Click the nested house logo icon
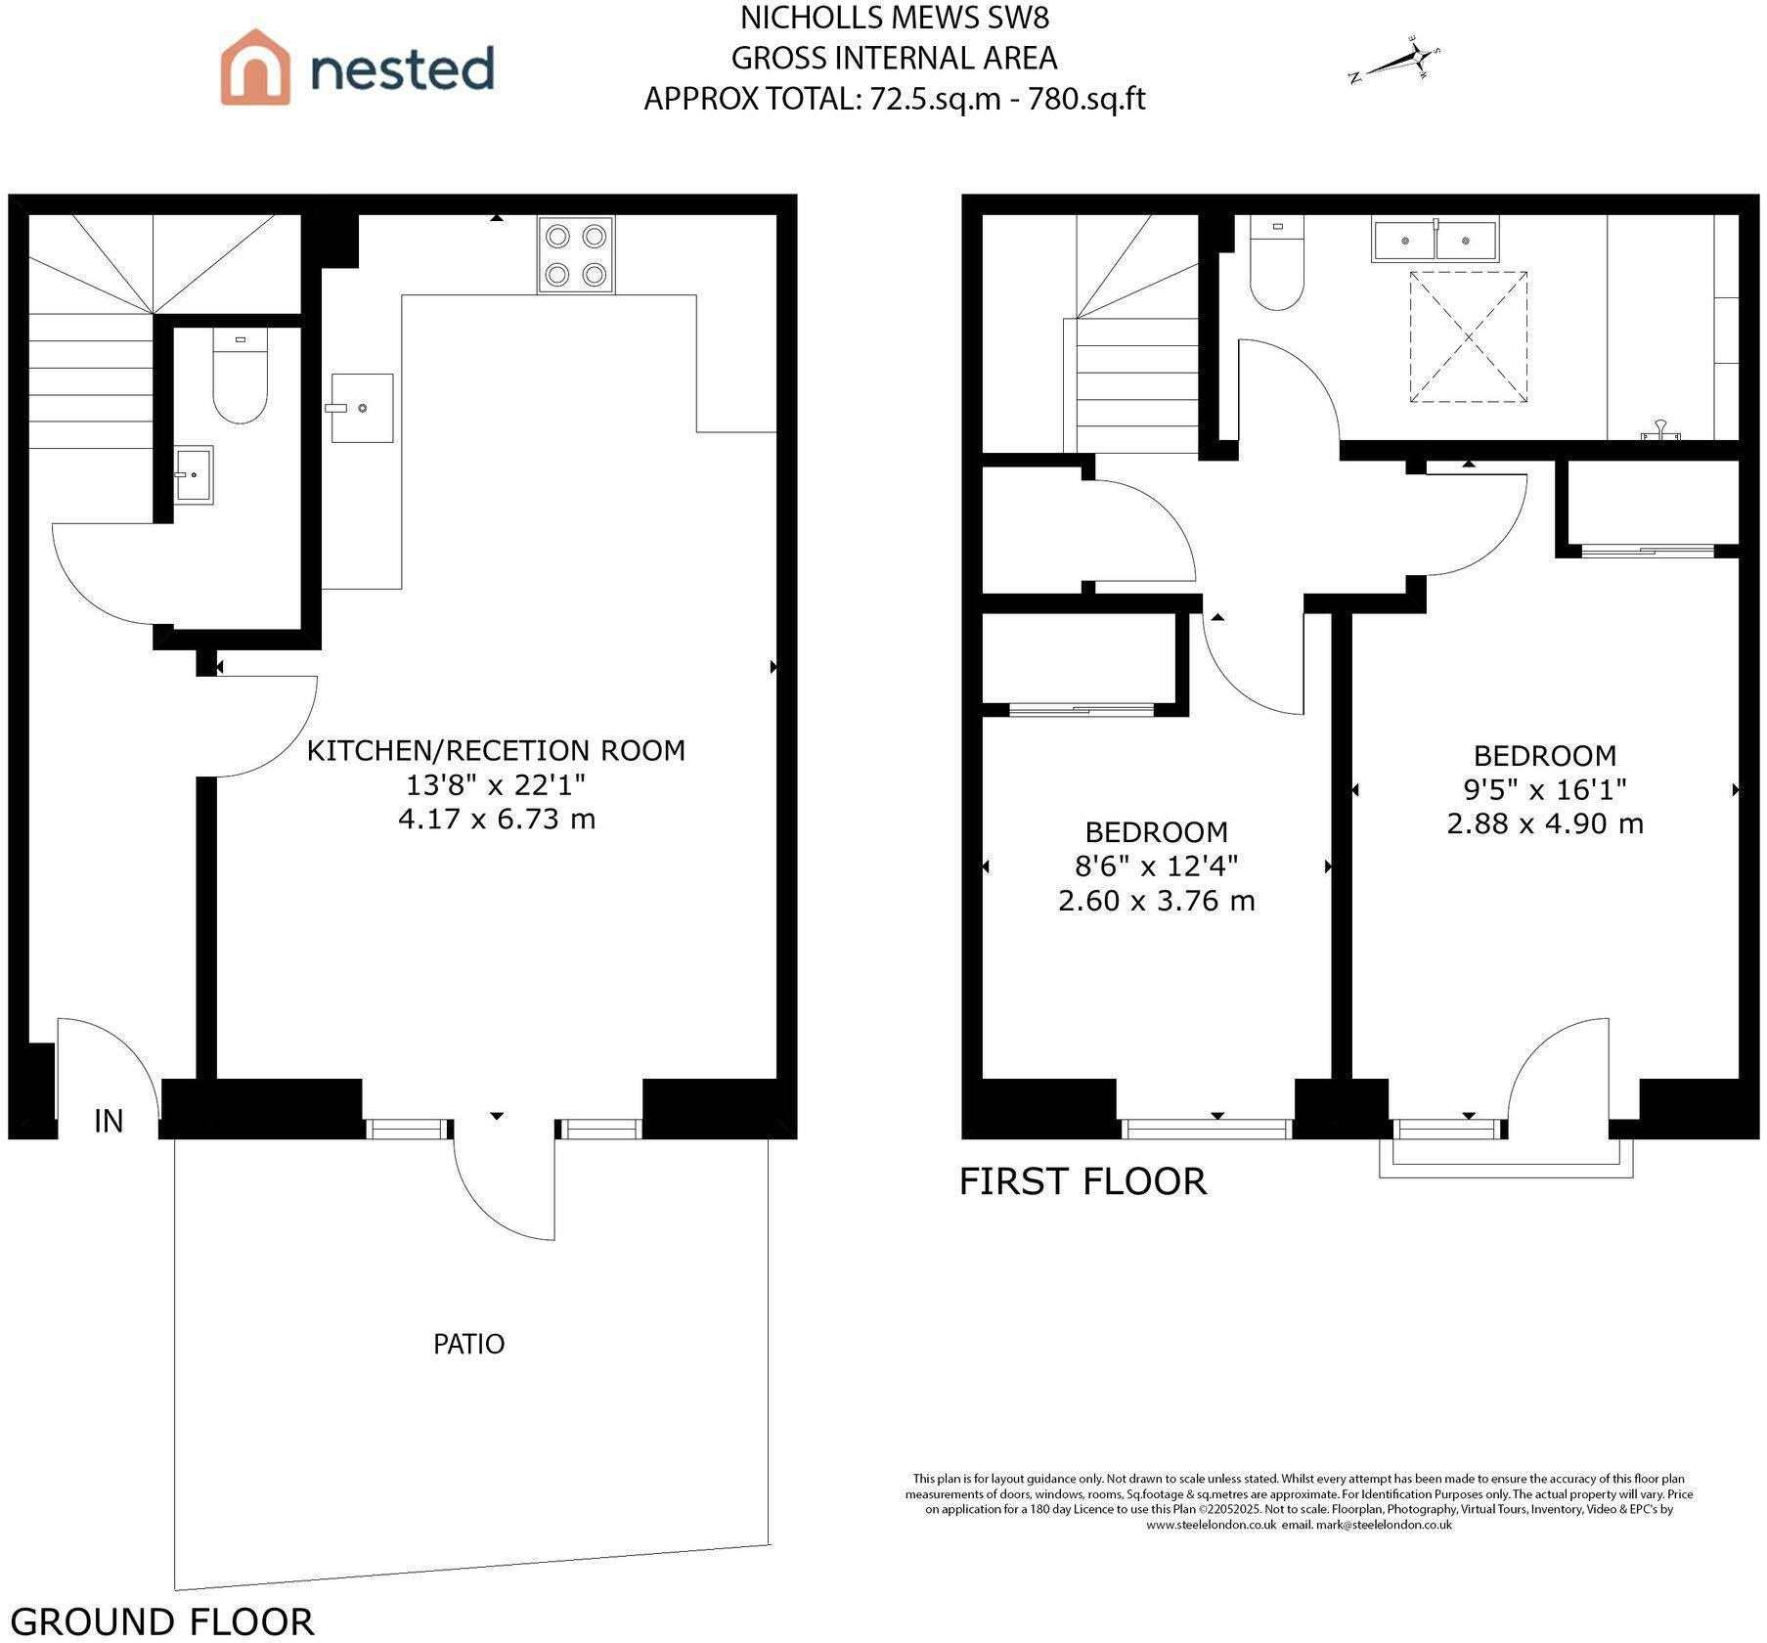(x=255, y=67)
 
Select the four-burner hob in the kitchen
(x=576, y=254)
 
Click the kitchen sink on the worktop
(x=362, y=408)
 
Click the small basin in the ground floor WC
(x=194, y=475)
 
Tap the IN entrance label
(x=109, y=1121)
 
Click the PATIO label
(x=469, y=1344)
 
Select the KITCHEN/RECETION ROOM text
(x=496, y=750)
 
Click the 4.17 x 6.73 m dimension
(x=497, y=819)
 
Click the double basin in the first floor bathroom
(x=1435, y=241)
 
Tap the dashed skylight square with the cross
(x=1468, y=337)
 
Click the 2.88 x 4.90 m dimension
(x=1545, y=823)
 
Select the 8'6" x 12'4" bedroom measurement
(x=1157, y=866)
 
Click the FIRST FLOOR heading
(x=1082, y=1181)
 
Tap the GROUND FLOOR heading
(x=162, y=1621)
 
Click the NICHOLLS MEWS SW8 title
(x=895, y=18)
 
